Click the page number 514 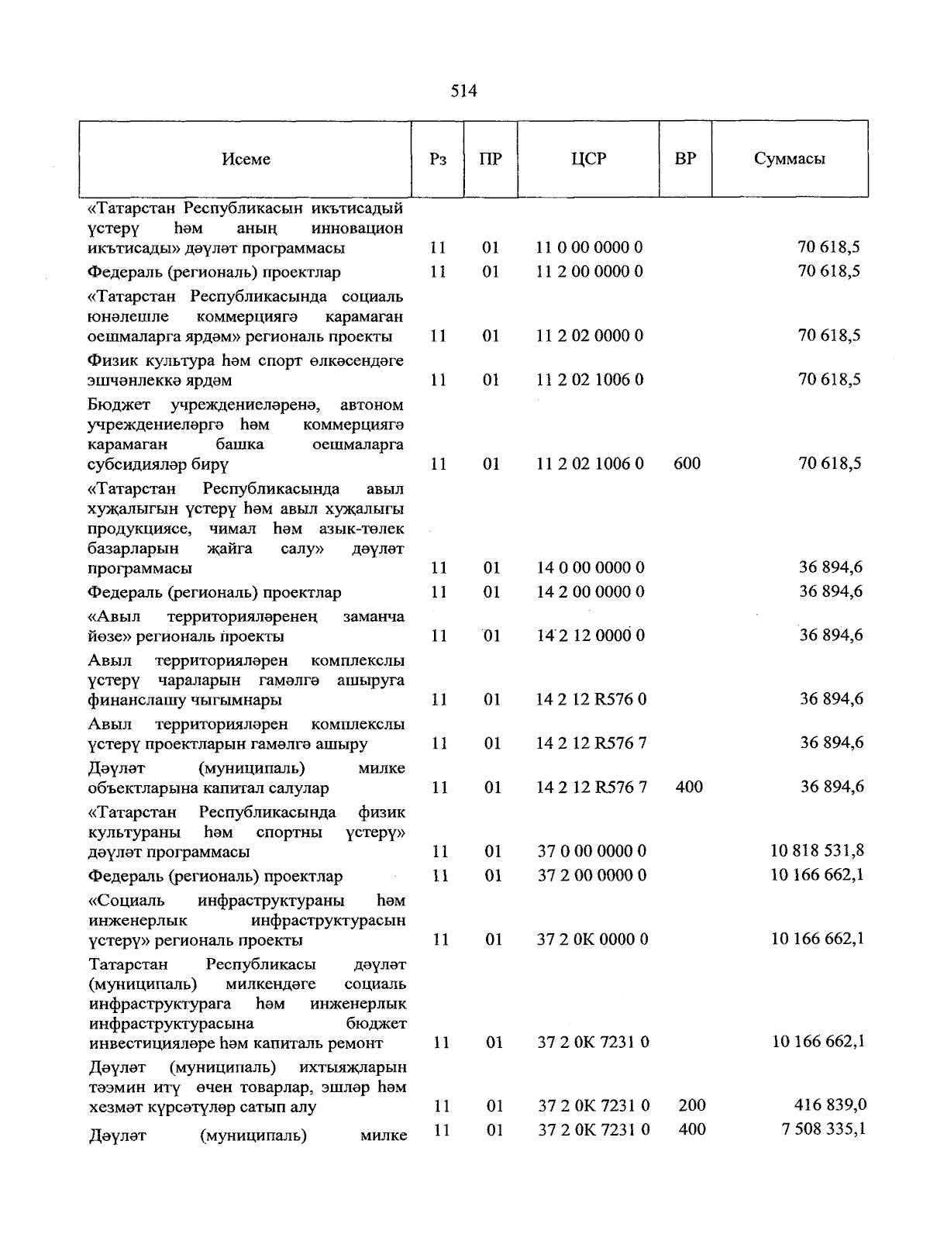[463, 91]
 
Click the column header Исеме [246, 159]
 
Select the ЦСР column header [588, 159]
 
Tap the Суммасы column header [789, 159]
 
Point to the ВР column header [685, 159]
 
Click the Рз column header [438, 160]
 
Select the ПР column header [491, 160]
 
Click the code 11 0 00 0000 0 [589, 248]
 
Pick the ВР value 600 [687, 464]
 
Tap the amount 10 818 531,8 [818, 851]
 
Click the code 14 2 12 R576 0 [591, 700]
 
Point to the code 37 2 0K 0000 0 [592, 939]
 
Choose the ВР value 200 [691, 1105]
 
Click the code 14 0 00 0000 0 [590, 568]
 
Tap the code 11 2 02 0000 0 [589, 336]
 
